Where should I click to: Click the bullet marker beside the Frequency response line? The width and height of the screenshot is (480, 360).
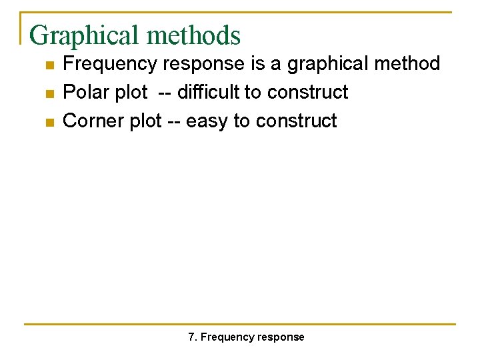(x=49, y=65)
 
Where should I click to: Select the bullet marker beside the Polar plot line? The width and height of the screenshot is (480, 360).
(x=49, y=93)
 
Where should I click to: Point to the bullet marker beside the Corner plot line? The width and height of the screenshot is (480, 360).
(x=49, y=122)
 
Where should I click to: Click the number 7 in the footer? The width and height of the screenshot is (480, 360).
(x=192, y=337)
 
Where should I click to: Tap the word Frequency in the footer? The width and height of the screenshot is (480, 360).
(x=223, y=337)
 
